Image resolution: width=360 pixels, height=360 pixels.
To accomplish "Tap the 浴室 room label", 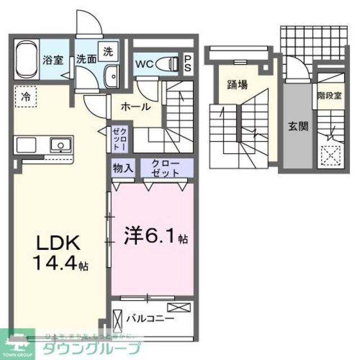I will coord(55,60).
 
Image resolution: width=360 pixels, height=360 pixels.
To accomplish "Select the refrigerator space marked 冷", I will coord(25,96).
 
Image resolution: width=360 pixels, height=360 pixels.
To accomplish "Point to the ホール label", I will coord(134,106).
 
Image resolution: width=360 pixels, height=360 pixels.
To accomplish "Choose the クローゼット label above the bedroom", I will coord(166,168).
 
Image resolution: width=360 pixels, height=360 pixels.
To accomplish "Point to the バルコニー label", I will coord(150,318).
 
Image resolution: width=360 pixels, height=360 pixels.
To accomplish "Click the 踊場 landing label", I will coord(237,85).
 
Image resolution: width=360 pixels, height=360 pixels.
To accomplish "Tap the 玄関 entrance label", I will coord(298,127).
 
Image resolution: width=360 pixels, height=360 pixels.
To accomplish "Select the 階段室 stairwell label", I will coord(329,95).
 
